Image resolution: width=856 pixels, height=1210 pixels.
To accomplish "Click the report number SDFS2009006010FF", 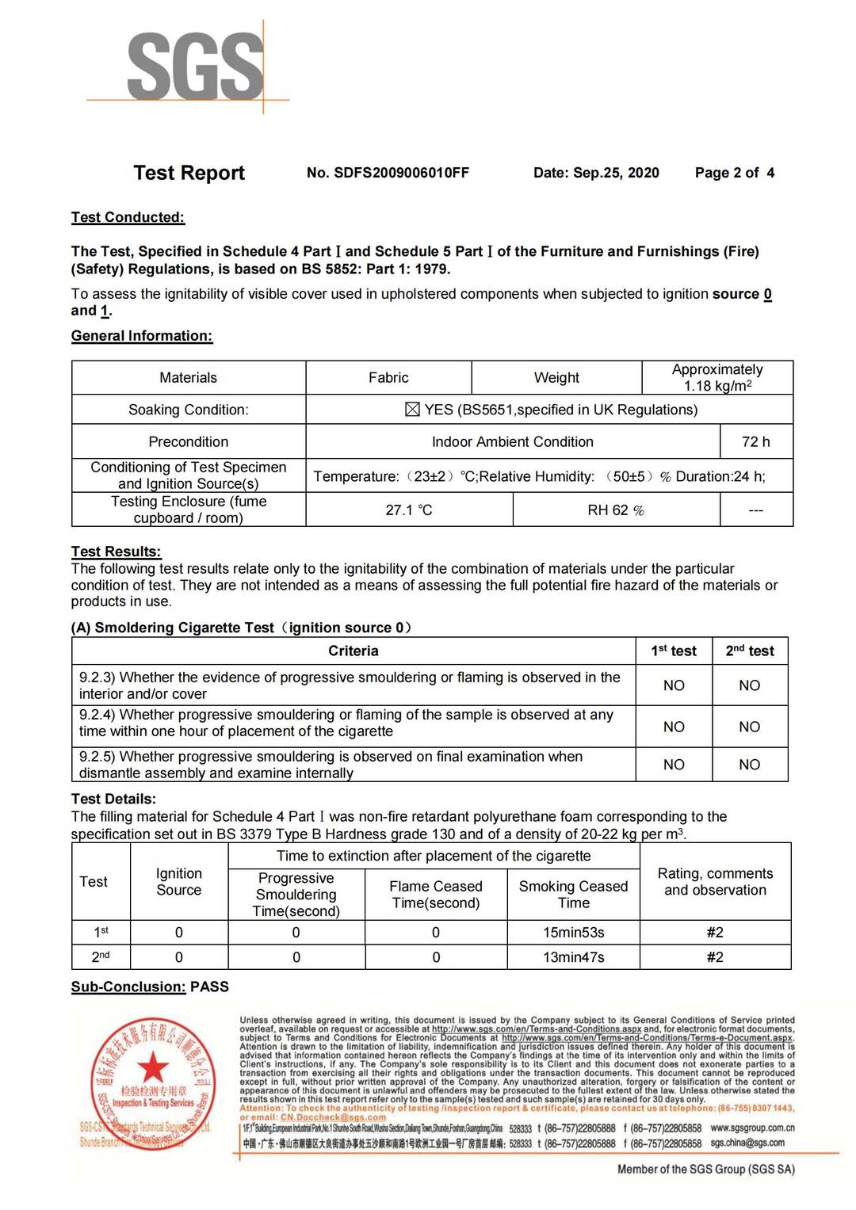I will click(x=401, y=173).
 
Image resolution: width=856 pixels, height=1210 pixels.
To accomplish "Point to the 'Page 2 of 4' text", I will click(x=734, y=173).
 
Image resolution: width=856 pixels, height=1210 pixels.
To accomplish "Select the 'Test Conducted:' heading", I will click(x=128, y=217).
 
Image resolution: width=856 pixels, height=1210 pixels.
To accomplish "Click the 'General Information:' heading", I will click(x=142, y=336).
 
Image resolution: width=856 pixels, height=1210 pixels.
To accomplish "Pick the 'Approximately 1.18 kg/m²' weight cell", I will click(x=717, y=378).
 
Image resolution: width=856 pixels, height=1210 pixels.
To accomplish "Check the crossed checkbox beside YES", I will click(x=412, y=410).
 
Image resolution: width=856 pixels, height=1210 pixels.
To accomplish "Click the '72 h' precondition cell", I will click(x=755, y=441).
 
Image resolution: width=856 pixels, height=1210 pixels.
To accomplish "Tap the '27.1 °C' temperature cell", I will click(x=409, y=510).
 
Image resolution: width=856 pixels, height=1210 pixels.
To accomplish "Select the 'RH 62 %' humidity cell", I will click(x=616, y=510).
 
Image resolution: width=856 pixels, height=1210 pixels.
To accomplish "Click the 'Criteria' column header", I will click(x=353, y=651).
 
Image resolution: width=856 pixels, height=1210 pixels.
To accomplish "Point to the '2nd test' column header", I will click(x=750, y=651).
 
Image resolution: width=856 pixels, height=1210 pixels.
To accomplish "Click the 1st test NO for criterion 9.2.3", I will click(x=674, y=685).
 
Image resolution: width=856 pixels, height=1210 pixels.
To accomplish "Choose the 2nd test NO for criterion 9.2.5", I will click(x=750, y=765).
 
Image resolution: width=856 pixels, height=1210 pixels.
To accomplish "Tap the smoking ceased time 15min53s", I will click(x=573, y=933).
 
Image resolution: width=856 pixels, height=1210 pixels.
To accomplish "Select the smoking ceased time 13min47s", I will click(x=573, y=957).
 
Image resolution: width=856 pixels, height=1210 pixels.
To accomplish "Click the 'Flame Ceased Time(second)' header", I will click(x=435, y=895).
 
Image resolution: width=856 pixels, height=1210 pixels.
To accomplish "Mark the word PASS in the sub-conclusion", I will click(x=210, y=987).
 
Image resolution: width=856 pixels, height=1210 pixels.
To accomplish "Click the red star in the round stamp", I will click(x=153, y=1067).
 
